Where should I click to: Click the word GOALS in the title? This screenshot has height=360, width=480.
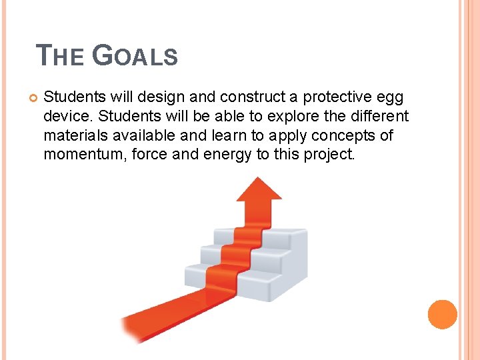[x=135, y=55]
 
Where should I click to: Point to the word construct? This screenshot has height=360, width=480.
[x=231, y=97]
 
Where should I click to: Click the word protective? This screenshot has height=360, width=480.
[x=331, y=97]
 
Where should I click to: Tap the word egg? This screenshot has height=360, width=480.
[x=390, y=97]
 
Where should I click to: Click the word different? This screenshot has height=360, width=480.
[x=376, y=117]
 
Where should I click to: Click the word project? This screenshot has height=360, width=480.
[x=331, y=155]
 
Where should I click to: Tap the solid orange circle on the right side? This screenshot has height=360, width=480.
[x=443, y=315]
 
